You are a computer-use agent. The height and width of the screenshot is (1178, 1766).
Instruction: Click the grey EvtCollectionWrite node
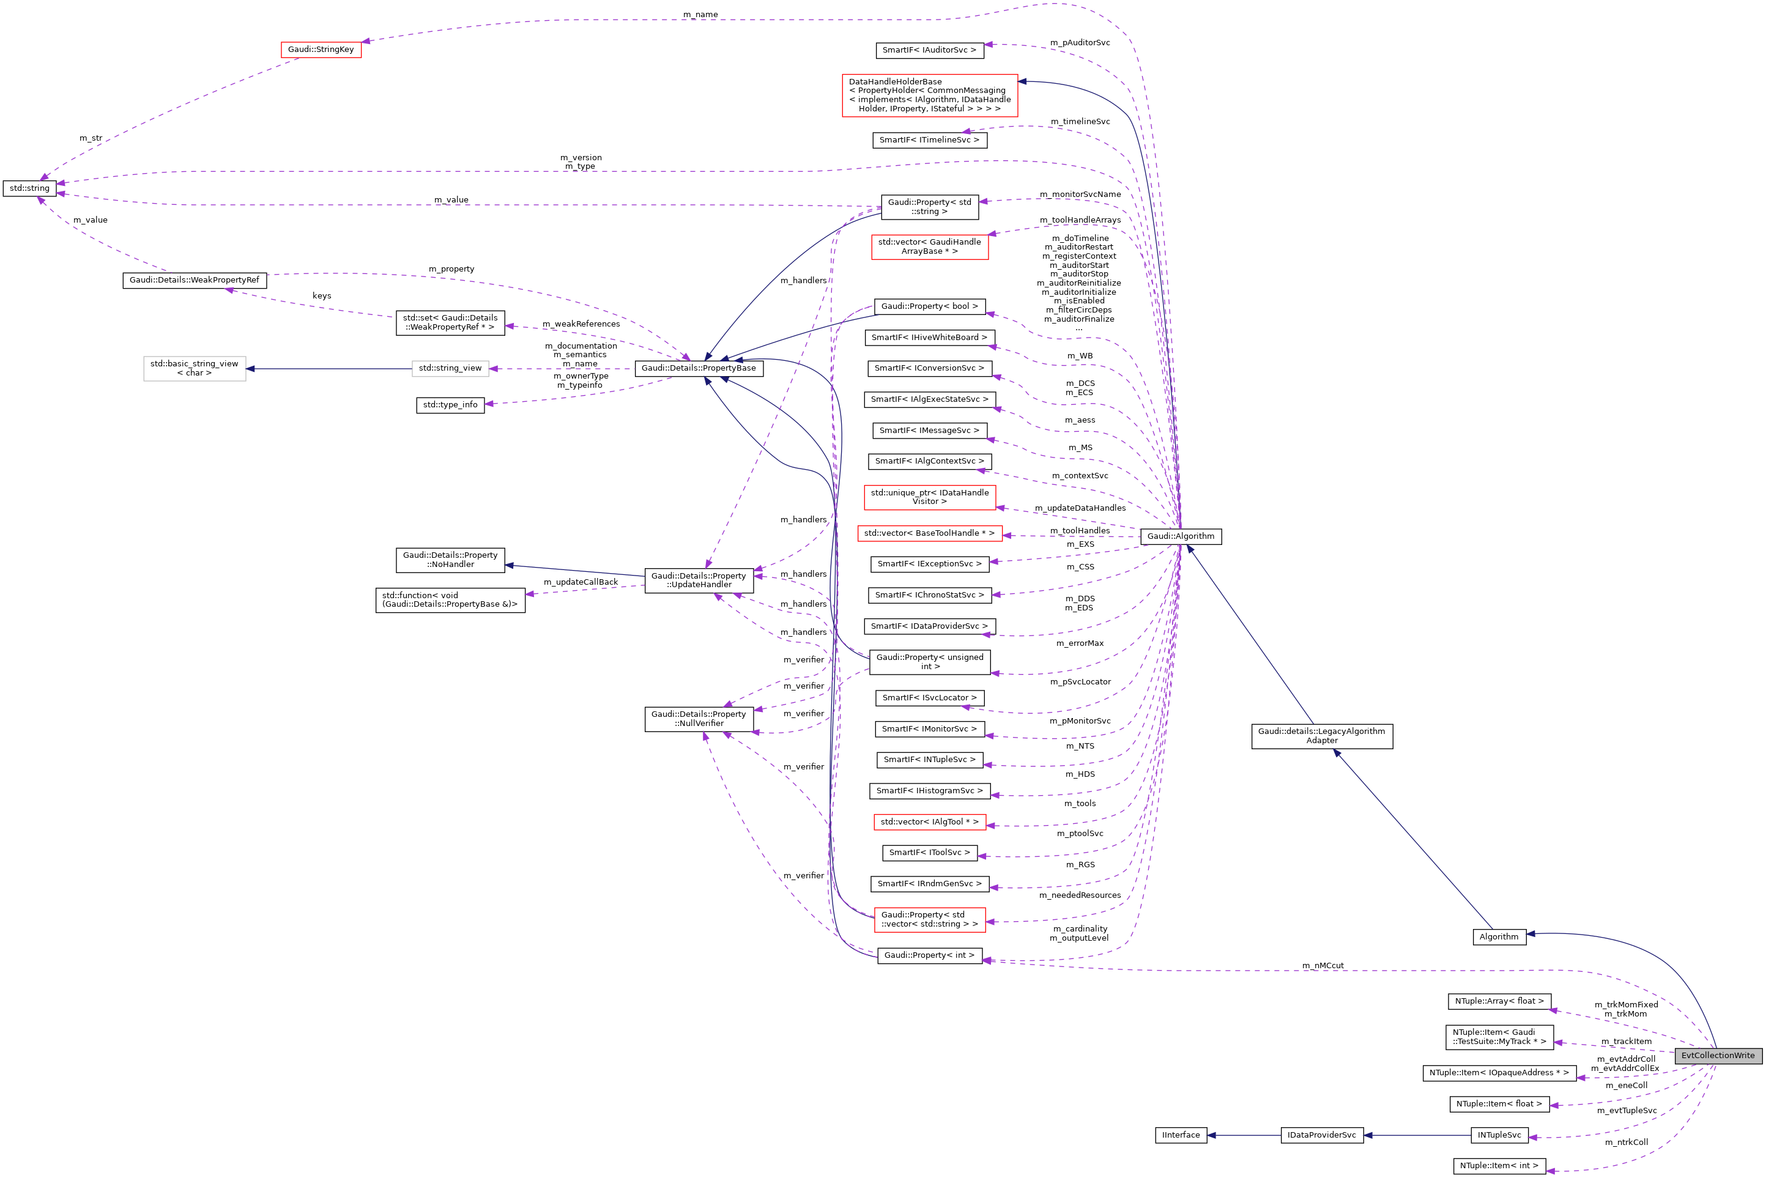pos(1717,1055)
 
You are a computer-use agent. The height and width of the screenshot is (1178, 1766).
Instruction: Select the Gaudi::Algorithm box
pos(1180,536)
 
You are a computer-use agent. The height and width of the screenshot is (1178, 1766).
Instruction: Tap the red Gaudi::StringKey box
pos(321,50)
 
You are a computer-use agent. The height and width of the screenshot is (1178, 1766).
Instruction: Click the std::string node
pos(29,188)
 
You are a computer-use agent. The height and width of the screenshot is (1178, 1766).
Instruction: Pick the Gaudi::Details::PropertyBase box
pos(698,368)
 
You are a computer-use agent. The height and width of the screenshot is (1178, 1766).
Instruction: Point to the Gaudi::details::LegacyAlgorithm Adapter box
pos(1321,736)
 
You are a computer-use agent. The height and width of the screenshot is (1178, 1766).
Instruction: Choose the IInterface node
pos(1180,1135)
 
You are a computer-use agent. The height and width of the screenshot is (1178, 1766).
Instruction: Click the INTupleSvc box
pos(1499,1135)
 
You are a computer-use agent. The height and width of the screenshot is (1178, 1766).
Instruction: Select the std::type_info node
pos(450,404)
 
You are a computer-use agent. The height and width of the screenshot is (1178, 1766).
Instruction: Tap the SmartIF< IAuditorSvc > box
pos(929,50)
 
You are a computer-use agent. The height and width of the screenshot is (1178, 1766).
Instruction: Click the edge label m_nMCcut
pos(1323,965)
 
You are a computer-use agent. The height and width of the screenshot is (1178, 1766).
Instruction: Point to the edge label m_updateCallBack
pos(581,582)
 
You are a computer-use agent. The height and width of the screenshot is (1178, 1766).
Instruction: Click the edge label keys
pos(322,295)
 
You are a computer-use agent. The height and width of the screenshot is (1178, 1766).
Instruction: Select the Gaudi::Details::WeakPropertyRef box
pos(194,280)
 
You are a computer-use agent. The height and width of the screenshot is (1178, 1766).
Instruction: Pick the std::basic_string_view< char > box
pos(194,368)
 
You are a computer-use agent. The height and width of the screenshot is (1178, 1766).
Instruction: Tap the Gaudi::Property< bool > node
pos(929,306)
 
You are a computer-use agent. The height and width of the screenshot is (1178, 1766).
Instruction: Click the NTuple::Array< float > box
pos(1499,1001)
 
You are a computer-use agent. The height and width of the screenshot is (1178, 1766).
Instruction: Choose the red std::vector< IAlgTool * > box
pos(929,821)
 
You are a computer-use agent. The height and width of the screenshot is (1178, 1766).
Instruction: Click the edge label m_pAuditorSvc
pos(1080,42)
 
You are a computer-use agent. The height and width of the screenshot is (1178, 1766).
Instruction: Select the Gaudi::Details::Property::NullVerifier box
pos(698,718)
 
